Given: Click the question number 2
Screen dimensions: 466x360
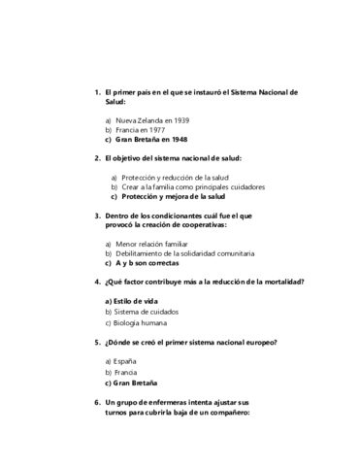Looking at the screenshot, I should click(97, 157).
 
